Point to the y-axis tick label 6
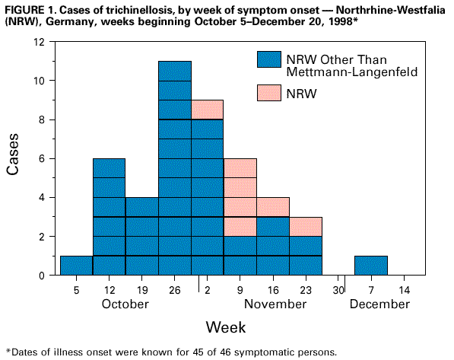(x=47, y=158)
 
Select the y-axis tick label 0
(x=47, y=276)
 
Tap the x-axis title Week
(x=225, y=327)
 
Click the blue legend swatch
(x=268, y=59)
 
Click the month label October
(x=125, y=304)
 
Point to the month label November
(x=275, y=304)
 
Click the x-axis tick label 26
(x=174, y=289)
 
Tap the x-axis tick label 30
(x=338, y=289)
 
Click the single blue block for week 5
(x=76, y=266)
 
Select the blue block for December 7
(x=370, y=266)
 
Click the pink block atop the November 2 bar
(x=207, y=109)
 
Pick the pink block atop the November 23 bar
(x=305, y=227)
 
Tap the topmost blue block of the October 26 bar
(x=174, y=70)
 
